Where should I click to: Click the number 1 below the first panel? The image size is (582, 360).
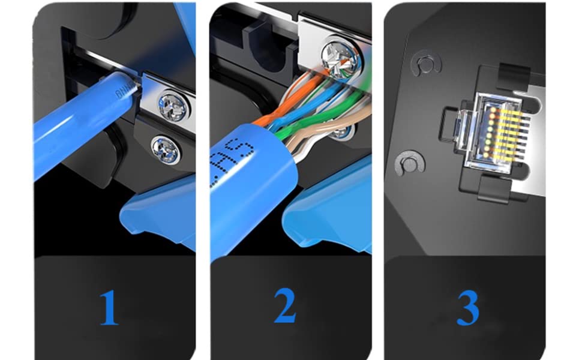pyautogui.click(x=109, y=308)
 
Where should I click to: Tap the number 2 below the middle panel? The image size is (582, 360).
pyautogui.click(x=285, y=307)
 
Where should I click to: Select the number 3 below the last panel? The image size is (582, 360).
pyautogui.click(x=467, y=308)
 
